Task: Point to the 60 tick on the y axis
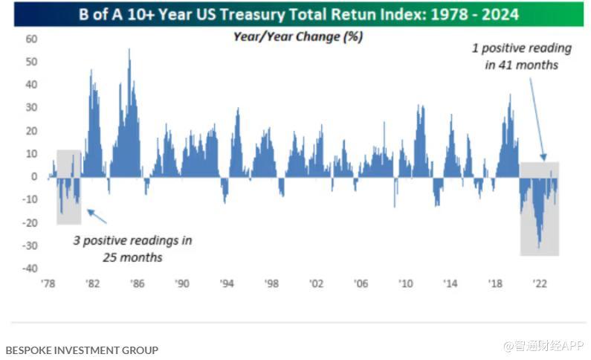coord(31,39)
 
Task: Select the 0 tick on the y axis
coord(34,177)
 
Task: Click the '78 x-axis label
coord(48,283)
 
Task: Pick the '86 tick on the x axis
coord(137,283)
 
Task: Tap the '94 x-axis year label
coord(227,283)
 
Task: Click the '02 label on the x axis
coord(316,283)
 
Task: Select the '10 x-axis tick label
coord(405,283)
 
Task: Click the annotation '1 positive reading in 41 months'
coord(522,57)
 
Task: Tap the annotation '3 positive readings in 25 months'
coord(132,248)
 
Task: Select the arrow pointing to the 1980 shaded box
coord(97,216)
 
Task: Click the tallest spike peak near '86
coord(130,50)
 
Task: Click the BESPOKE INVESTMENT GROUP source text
coord(82,349)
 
